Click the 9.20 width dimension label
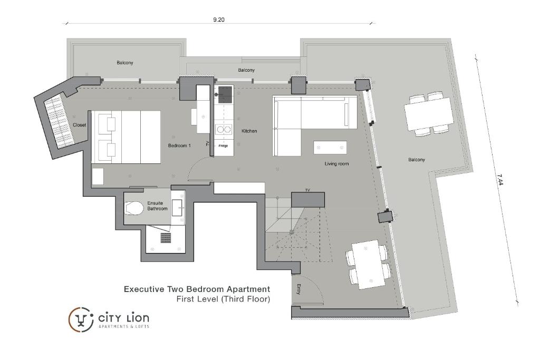tap(219, 20)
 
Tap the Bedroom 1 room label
tap(179, 145)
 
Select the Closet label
tap(79, 125)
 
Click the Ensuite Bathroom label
tap(157, 206)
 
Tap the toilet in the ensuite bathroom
tap(134, 208)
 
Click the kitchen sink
tap(224, 94)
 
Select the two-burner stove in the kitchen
tap(224, 129)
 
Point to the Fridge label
tap(223, 145)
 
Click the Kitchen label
tap(249, 131)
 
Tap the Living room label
tap(336, 164)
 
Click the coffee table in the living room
tap(330, 147)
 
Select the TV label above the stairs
tap(307, 190)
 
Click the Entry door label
tap(298, 289)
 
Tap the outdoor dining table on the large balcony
tap(429, 114)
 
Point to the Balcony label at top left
tap(125, 63)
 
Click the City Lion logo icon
tap(81, 319)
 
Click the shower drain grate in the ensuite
tap(166, 238)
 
